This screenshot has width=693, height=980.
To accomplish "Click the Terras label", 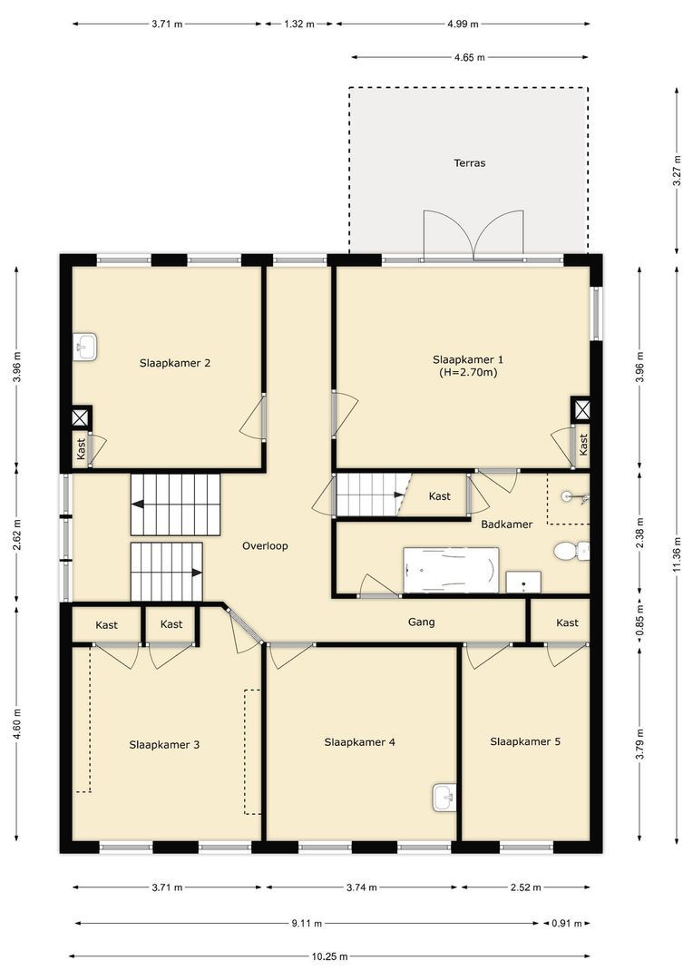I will [470, 163].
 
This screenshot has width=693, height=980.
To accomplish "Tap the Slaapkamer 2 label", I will [175, 363].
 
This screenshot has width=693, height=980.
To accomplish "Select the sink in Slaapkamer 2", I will [84, 347].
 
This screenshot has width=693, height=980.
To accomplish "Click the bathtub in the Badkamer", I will [451, 571].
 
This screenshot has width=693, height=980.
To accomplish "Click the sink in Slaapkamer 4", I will [444, 797].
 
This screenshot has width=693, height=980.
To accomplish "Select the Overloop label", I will [265, 546].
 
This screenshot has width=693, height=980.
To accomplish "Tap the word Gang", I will [422, 622].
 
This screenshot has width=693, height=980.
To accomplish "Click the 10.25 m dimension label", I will [329, 956].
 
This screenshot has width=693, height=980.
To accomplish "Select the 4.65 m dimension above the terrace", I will [469, 57].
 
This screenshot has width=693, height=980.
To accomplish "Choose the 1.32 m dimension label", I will [298, 24].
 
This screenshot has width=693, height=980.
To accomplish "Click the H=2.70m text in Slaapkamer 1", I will [468, 371].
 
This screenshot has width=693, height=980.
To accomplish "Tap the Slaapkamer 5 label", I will [525, 741].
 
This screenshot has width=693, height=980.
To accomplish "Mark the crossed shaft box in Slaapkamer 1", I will [581, 409].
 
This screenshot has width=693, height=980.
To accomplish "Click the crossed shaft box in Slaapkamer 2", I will [81, 417].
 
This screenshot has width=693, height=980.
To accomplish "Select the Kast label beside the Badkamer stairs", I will [440, 496].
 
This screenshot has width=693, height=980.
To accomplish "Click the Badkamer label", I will [507, 524].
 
